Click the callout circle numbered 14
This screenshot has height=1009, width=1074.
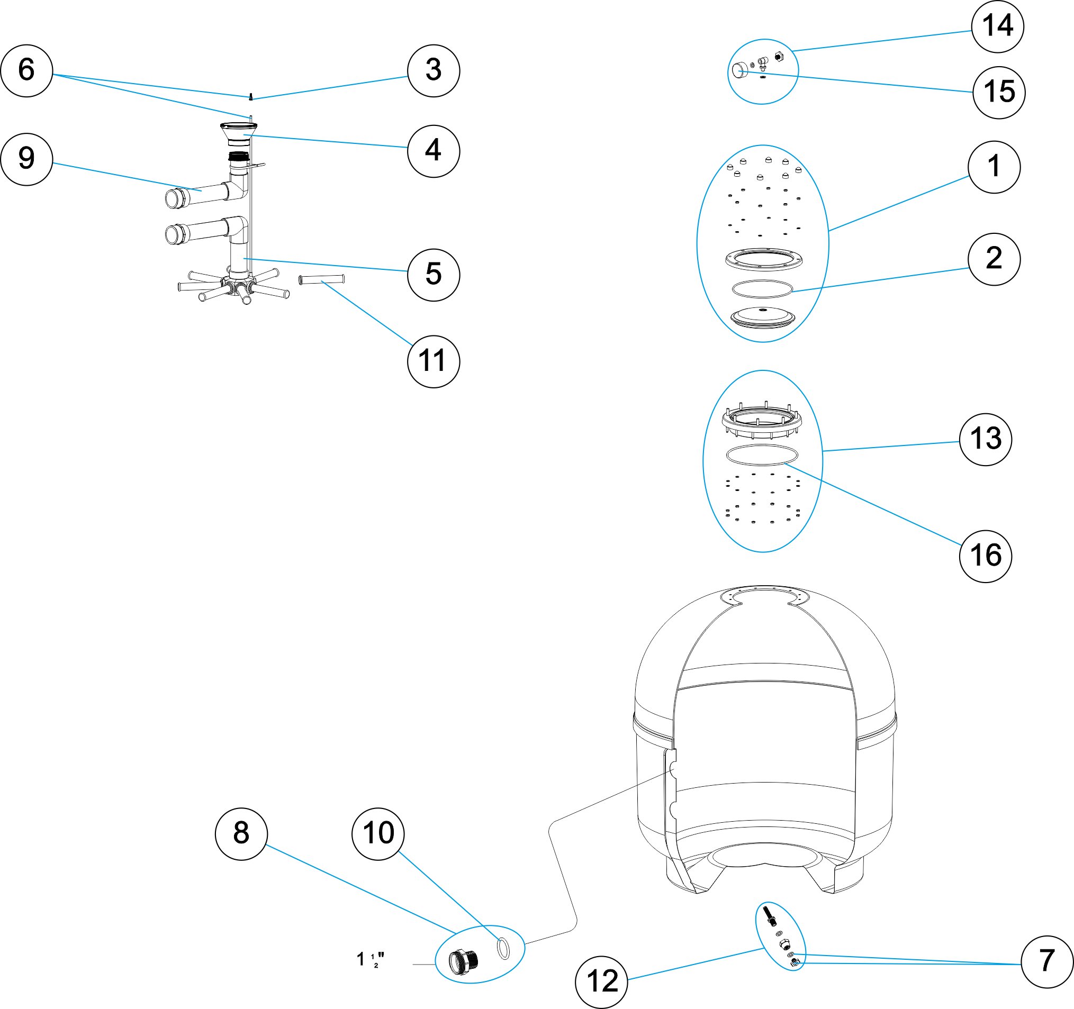(997, 26)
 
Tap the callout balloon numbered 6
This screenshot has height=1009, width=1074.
(26, 71)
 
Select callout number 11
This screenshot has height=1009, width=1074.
(434, 361)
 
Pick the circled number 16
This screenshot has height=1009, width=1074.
(986, 556)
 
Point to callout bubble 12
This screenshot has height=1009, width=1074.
(601, 981)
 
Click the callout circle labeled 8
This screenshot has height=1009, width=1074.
(241, 833)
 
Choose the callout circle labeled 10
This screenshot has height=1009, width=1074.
(377, 833)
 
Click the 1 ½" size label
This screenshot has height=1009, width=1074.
(371, 960)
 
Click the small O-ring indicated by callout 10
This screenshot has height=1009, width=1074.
(503, 948)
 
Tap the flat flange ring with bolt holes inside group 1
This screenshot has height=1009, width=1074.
(763, 259)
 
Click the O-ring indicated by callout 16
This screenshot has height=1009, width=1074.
(762, 455)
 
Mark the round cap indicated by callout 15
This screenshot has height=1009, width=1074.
(738, 71)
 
